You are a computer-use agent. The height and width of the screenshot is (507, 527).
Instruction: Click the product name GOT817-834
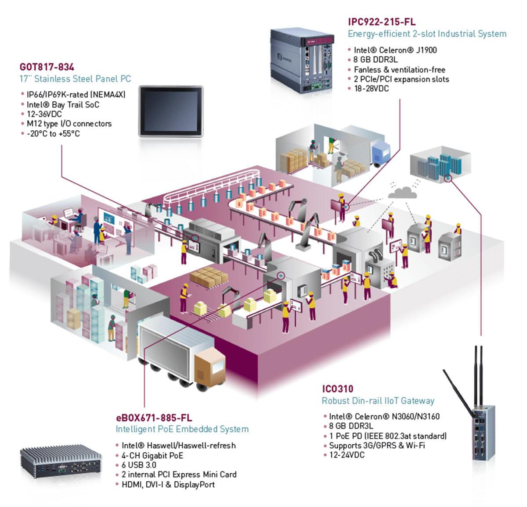click(47, 67)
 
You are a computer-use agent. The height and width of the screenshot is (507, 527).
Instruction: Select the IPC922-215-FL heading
click(382, 22)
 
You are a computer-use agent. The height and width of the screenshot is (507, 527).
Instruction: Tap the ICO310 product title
click(338, 389)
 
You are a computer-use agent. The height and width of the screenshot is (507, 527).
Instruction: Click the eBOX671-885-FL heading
click(154, 418)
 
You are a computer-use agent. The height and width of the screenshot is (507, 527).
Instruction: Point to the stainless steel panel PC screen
click(171, 111)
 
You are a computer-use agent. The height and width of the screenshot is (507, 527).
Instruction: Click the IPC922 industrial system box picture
click(302, 61)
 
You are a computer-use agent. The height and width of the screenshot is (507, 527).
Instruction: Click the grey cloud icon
click(402, 193)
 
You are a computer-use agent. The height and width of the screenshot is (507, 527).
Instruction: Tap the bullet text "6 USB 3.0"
click(139, 465)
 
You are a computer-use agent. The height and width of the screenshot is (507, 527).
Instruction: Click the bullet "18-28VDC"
click(371, 89)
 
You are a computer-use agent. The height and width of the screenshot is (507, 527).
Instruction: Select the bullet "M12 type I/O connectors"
click(69, 124)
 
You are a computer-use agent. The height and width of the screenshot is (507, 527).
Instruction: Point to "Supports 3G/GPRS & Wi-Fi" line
click(377, 445)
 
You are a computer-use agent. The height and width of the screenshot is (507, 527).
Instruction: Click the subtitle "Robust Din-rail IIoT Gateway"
click(378, 401)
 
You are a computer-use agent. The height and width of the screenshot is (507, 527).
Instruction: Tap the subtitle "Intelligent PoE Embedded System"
click(182, 429)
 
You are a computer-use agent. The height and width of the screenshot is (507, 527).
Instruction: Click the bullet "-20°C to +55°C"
click(53, 134)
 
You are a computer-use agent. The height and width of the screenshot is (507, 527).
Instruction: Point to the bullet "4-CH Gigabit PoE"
click(152, 455)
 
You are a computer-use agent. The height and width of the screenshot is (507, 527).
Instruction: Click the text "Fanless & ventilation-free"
click(400, 70)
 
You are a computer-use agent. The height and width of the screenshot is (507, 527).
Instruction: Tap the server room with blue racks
click(440, 164)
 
